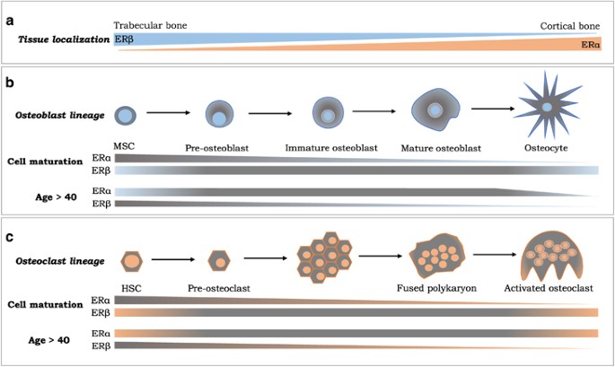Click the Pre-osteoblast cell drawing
pyautogui.click(x=219, y=115)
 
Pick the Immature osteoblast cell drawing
pyautogui.click(x=329, y=114)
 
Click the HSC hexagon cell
pyautogui.click(x=130, y=260)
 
